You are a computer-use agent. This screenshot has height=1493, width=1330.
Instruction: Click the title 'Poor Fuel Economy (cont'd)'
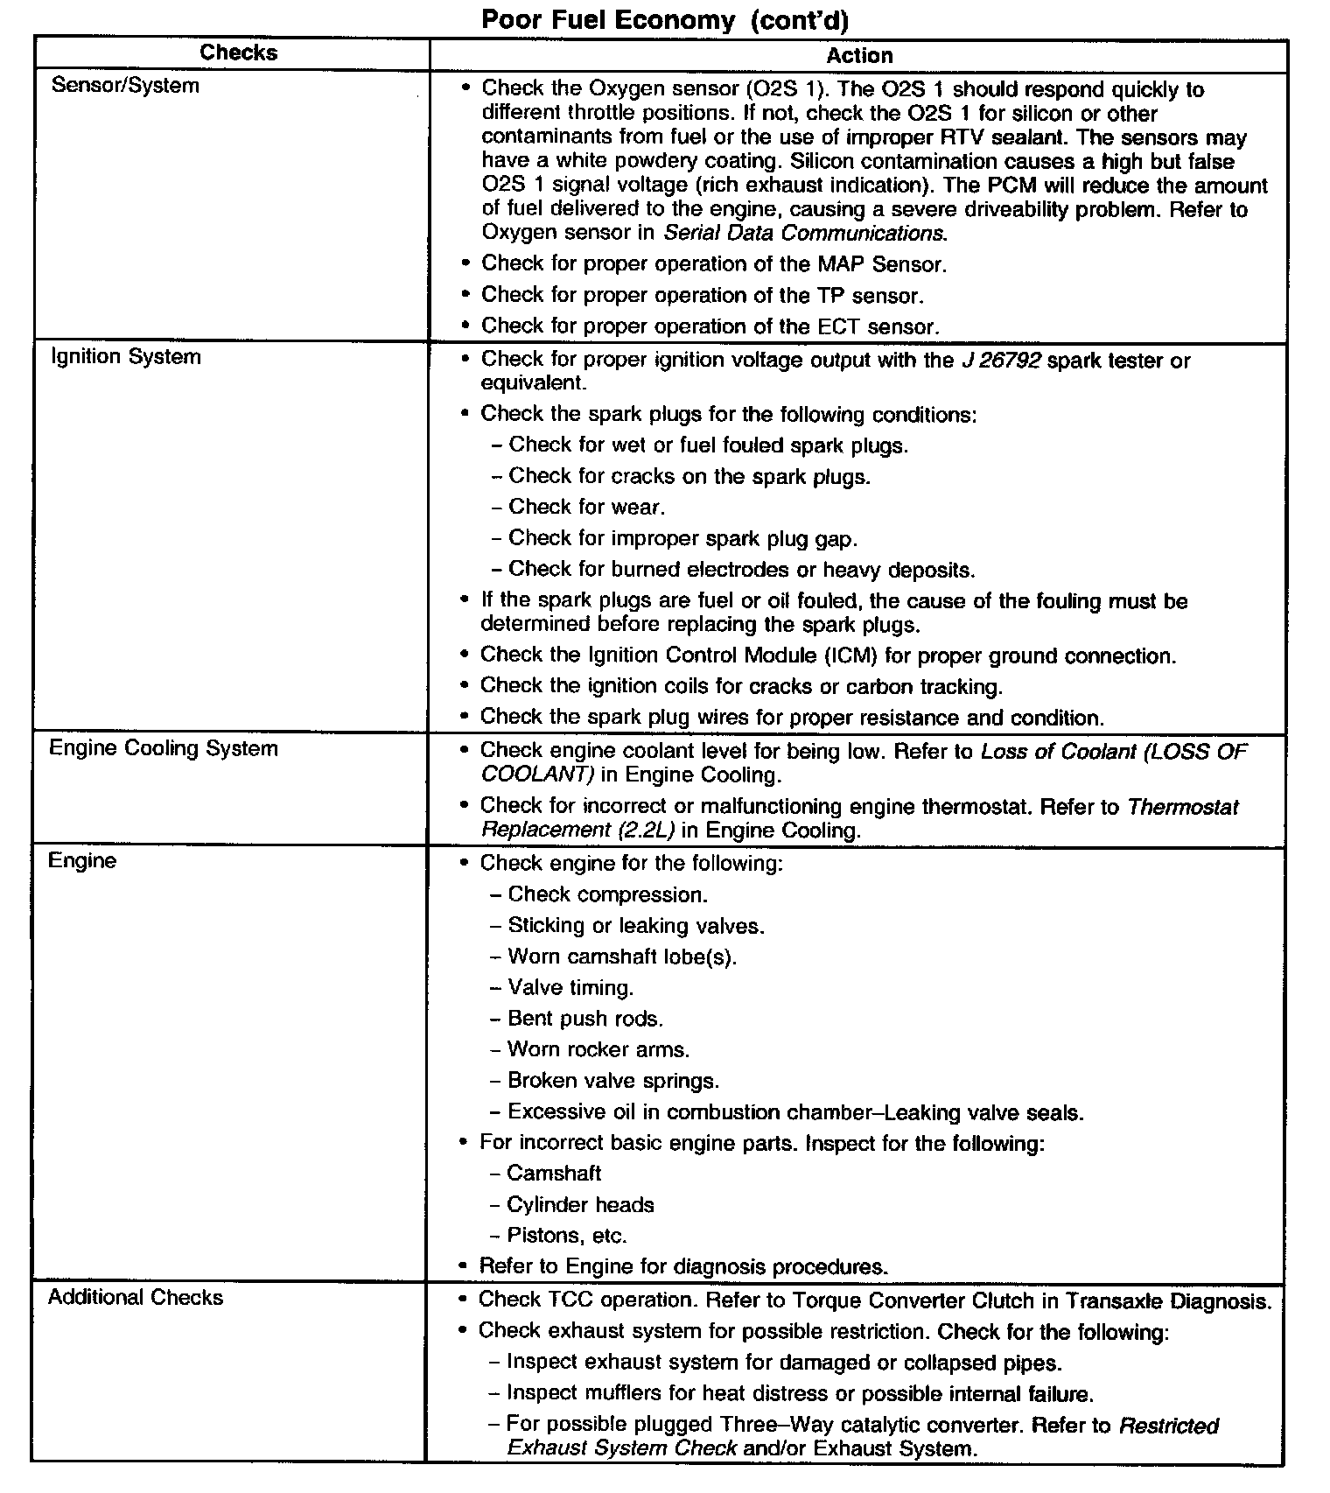[x=665, y=20]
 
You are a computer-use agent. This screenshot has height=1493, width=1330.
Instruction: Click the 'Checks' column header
[x=238, y=53]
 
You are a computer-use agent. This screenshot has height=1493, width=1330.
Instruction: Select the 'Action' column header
[x=859, y=56]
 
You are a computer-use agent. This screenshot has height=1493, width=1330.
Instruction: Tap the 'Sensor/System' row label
[x=125, y=86]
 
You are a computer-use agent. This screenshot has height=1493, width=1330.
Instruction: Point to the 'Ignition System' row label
[x=126, y=357]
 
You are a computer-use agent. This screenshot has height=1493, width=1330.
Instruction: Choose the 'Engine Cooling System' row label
[x=164, y=749]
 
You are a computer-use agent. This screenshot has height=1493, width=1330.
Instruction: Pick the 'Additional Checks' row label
[x=136, y=1297]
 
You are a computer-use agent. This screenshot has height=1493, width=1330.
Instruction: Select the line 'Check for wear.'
[x=586, y=508]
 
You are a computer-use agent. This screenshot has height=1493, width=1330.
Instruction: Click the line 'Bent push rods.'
[x=585, y=1020]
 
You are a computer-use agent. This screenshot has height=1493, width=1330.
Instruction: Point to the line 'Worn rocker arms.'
[x=598, y=1050]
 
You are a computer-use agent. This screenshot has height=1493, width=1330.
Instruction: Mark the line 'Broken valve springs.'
[x=613, y=1082]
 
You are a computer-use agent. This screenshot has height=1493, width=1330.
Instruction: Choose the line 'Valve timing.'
[x=570, y=989]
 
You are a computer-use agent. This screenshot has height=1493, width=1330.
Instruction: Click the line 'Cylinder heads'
[x=580, y=1205]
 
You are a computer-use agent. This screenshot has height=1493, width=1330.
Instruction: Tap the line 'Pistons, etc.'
[x=567, y=1237]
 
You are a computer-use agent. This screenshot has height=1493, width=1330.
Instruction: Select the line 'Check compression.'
[x=607, y=895]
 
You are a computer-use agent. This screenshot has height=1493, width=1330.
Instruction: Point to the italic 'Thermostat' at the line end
[x=1183, y=807]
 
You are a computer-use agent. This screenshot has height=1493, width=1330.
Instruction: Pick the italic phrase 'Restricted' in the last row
[x=1168, y=1426]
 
